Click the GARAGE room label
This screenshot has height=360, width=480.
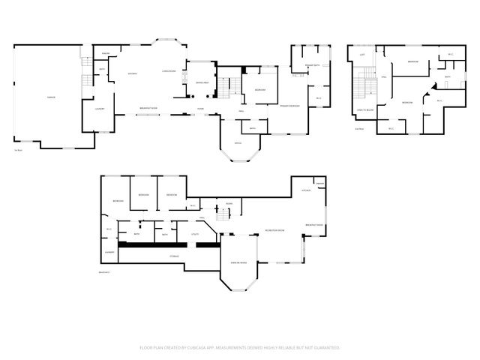51,98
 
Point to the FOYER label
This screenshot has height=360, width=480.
201,109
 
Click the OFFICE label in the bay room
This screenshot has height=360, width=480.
237,143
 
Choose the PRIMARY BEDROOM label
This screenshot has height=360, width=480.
289,106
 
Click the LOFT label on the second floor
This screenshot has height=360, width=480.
362,55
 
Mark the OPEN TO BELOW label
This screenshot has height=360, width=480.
365,110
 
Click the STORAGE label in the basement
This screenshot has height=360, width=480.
174,256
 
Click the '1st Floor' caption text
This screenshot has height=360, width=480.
18,139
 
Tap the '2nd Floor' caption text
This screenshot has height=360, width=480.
359,128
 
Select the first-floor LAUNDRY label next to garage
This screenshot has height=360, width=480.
99,109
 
